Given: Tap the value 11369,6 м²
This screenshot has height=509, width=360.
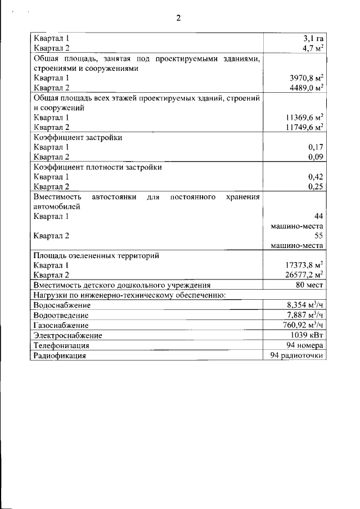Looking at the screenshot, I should (x=304, y=118).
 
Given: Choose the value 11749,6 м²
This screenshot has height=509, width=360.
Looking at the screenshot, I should (x=304, y=127).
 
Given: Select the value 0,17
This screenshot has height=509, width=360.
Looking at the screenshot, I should (x=317, y=147).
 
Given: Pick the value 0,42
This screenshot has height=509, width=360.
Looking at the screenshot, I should (x=317, y=177).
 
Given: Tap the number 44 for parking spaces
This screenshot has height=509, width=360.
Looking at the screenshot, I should (x=319, y=216).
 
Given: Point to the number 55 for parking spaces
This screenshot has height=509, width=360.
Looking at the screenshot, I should (x=319, y=236).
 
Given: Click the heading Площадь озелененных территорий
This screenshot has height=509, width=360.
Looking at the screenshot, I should (x=96, y=255).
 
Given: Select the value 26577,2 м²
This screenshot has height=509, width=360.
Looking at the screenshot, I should (x=304, y=275).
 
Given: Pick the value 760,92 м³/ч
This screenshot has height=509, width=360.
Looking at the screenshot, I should (x=303, y=325).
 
